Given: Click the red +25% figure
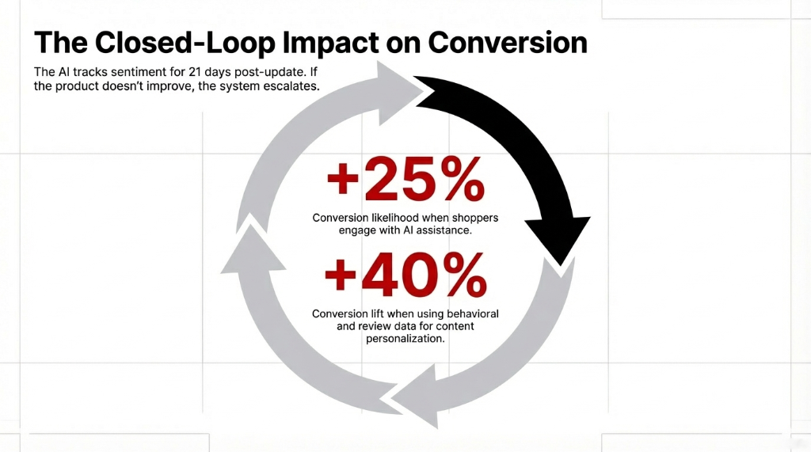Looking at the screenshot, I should coord(405,181).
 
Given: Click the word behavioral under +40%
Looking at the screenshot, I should coord(469,313).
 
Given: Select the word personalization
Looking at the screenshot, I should coord(405,339).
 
